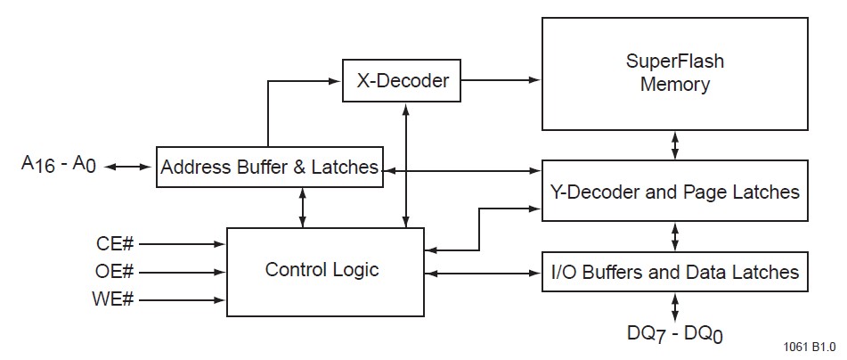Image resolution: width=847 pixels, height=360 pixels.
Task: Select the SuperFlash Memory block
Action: (x=674, y=74)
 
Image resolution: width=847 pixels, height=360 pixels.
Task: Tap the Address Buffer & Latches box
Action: (x=269, y=167)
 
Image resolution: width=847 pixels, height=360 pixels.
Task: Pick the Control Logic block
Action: (x=326, y=271)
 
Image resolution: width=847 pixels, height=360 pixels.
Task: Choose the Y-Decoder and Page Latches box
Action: (x=675, y=191)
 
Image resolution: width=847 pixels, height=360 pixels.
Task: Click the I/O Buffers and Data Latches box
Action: (x=675, y=271)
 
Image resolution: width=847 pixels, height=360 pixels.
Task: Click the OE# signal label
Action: (x=115, y=271)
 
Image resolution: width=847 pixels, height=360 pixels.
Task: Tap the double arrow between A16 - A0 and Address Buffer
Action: (x=130, y=167)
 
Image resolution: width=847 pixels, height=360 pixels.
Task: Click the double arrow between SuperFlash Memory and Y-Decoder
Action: (x=675, y=144)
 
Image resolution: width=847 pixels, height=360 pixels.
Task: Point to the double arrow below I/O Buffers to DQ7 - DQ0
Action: (x=675, y=307)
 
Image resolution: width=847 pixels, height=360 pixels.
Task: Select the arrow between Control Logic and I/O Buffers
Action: (x=484, y=272)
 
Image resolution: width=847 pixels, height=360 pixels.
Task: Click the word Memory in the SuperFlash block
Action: (x=674, y=86)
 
